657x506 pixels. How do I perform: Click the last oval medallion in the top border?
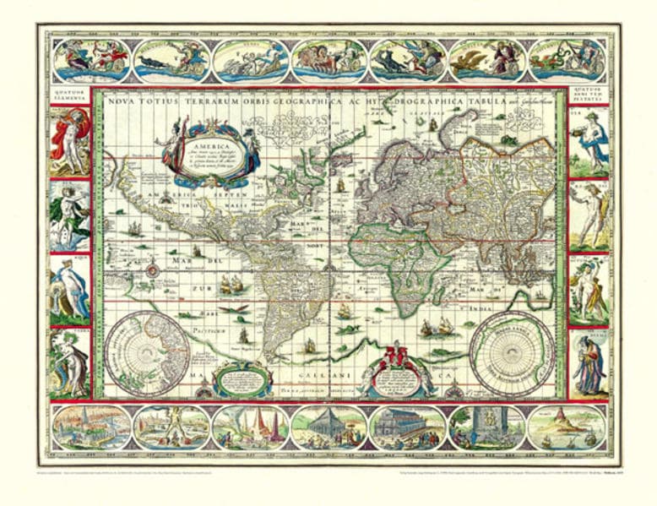coord(566,57)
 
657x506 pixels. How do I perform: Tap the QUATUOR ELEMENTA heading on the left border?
coord(72,96)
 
